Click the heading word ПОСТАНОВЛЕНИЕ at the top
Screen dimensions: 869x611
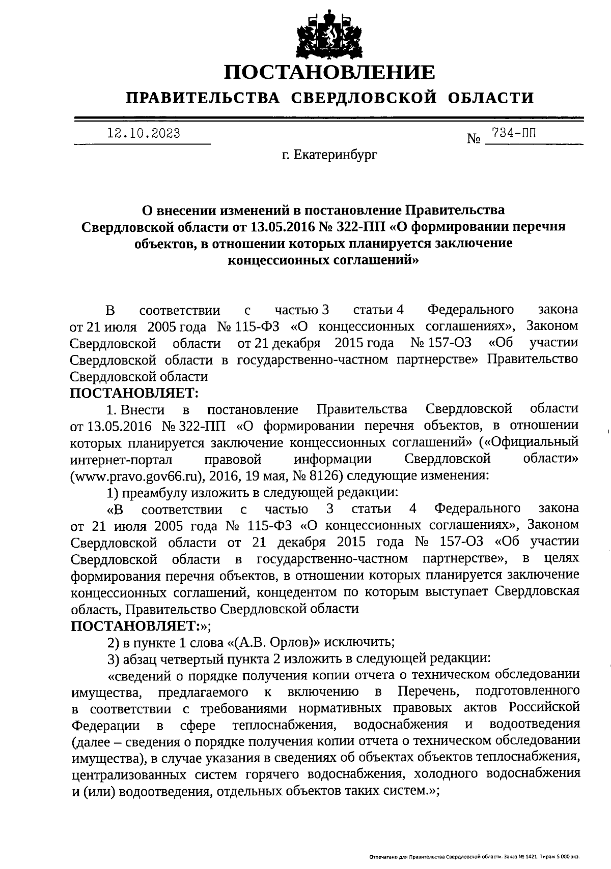pos(330,73)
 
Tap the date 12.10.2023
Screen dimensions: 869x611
pos(144,134)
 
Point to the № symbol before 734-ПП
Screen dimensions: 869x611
pos(474,138)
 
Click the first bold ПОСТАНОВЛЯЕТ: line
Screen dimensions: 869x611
pos(134,393)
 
